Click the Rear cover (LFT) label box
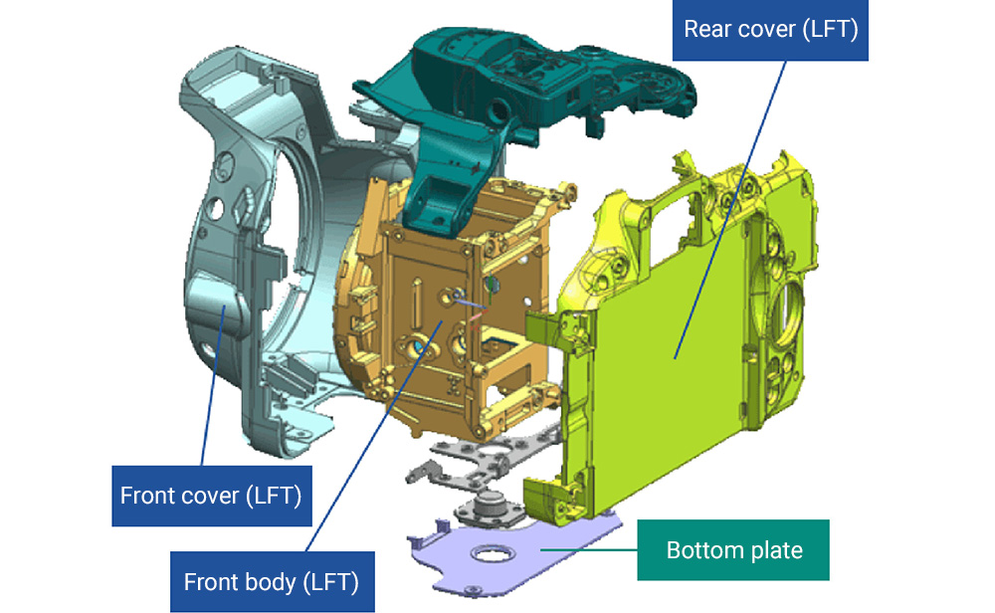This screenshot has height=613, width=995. click(x=770, y=30)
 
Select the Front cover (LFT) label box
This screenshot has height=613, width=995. click(x=212, y=496)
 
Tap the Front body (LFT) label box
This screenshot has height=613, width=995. click(x=273, y=581)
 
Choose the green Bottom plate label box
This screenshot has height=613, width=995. click(x=733, y=549)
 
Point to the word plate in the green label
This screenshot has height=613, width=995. click(x=774, y=550)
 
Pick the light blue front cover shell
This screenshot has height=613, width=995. click(x=254, y=254)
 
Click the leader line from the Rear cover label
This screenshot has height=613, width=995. click(x=729, y=210)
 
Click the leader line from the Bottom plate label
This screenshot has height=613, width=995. click(x=589, y=549)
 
